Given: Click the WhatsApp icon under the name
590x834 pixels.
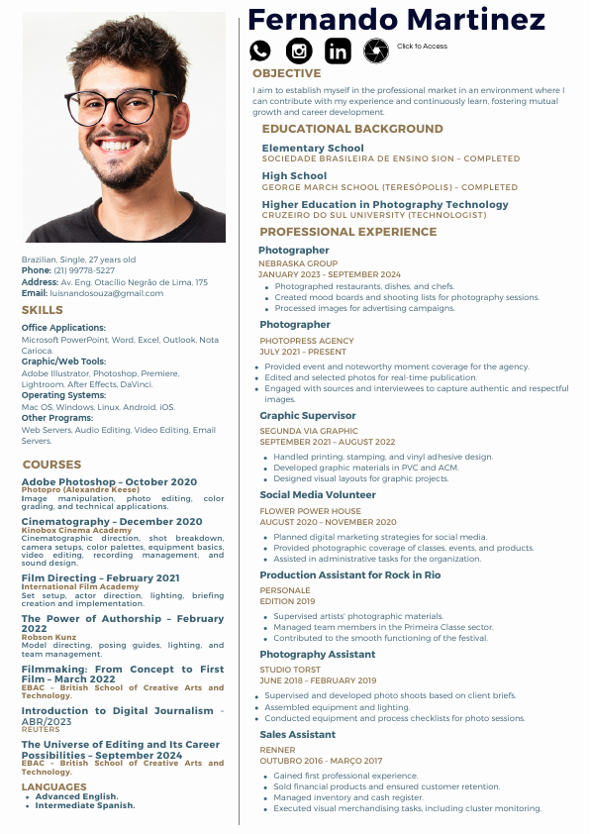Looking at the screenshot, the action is point(260,51).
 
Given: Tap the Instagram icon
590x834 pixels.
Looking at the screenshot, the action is point(299,51).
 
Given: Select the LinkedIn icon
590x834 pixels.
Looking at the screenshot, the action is point(338,51).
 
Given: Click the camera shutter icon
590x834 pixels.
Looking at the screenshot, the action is point(376,51).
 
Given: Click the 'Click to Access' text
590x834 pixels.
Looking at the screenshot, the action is point(422,47).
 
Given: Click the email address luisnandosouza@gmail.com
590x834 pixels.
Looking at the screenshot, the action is point(107,293).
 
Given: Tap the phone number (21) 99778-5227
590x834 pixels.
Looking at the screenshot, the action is point(84,270).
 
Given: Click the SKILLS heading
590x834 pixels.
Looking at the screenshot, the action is point(43,311).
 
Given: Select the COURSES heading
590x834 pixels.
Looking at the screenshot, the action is point(51,465).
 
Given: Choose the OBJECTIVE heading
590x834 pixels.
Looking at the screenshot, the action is point(286,73).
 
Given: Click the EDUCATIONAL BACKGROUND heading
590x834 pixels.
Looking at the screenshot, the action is point(351,129).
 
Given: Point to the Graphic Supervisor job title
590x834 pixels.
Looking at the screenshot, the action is point(308,416).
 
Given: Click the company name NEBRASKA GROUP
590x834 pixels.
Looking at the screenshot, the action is point(298,264).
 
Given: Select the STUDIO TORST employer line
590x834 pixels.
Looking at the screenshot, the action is point(290,671).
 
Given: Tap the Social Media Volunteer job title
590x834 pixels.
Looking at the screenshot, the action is point(318,494).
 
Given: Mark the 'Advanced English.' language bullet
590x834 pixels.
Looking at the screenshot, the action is point(76,796).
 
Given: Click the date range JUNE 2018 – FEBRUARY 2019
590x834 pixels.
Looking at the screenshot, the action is point(318,680).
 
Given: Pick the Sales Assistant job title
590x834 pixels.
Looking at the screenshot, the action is point(298,735).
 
